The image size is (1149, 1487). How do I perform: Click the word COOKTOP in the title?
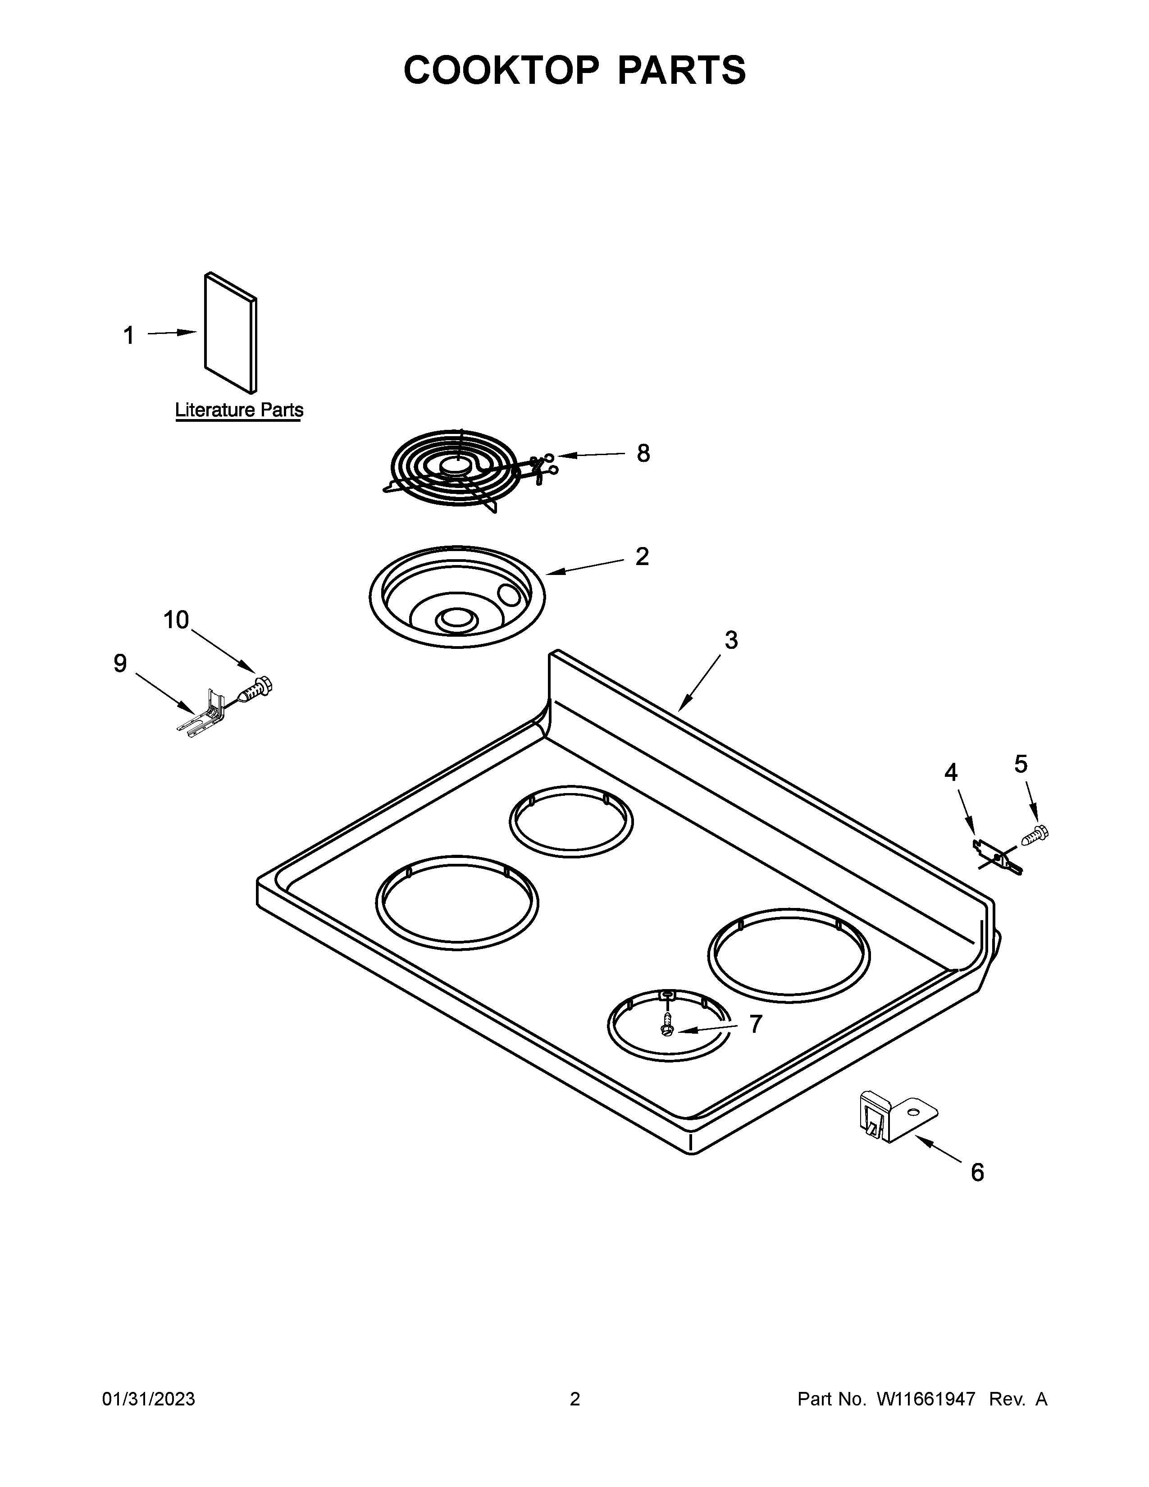[502, 70]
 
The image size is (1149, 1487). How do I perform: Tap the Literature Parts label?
[239, 410]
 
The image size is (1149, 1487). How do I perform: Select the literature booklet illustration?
[231, 333]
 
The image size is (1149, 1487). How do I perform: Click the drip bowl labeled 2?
[456, 596]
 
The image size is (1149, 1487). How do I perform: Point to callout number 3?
[731, 640]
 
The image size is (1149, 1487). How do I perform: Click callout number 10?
[176, 620]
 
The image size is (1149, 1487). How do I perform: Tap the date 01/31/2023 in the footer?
[148, 1399]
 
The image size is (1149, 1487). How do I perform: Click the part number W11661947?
[926, 1399]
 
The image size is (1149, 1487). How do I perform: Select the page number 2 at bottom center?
[574, 1399]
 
